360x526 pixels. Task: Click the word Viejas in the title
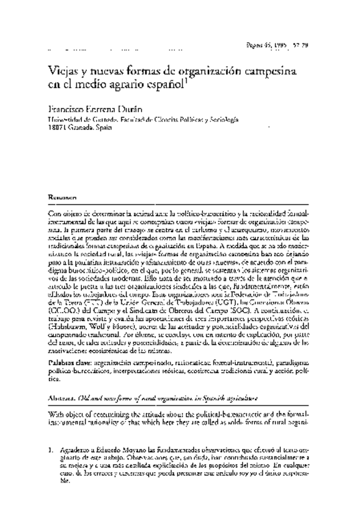point(62,68)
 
